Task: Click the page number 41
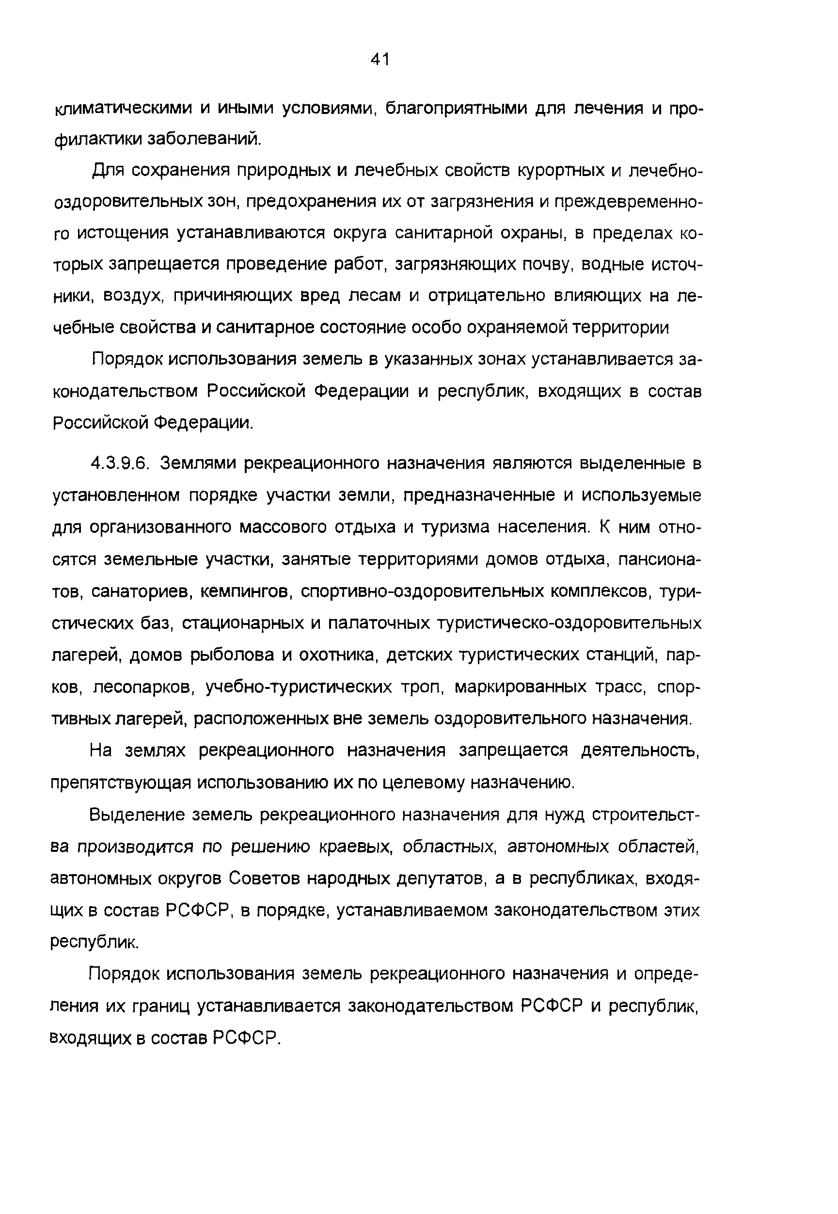[379, 59]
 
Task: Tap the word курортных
[560, 171]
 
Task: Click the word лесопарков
[144, 687]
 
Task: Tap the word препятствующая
[121, 783]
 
